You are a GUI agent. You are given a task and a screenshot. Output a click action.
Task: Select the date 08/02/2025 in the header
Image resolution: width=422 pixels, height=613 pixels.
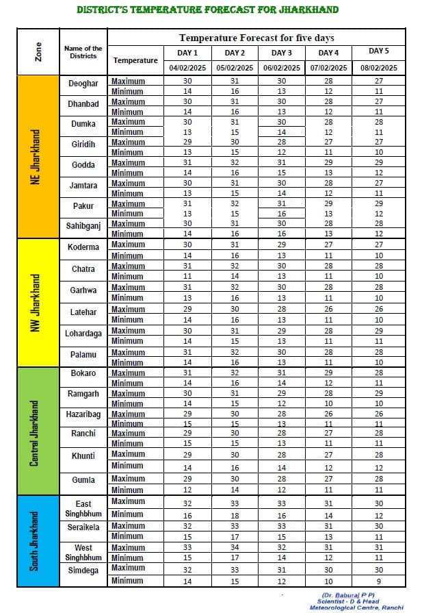(x=379, y=68)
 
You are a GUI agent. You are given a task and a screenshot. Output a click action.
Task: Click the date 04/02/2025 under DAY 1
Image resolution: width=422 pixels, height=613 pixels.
(x=187, y=68)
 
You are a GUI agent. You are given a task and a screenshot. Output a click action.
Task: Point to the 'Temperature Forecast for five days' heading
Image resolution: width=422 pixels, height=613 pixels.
(x=256, y=38)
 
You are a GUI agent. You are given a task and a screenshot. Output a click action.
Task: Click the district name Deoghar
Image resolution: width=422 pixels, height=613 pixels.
(x=83, y=84)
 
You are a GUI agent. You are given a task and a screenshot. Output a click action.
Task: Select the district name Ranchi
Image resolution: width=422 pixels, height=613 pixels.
(x=83, y=434)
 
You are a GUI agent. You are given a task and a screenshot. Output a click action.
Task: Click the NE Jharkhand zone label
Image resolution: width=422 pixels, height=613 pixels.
(x=36, y=157)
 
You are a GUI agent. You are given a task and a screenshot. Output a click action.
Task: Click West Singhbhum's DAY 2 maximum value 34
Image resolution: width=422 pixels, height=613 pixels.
(x=235, y=547)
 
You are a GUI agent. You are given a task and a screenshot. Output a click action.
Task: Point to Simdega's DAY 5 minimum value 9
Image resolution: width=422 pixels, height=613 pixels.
(x=379, y=581)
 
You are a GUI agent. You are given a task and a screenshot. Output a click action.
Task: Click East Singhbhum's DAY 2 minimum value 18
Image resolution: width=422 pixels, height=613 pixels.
(x=235, y=515)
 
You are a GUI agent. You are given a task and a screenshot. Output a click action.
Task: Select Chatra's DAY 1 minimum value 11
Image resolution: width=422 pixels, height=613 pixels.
(x=187, y=276)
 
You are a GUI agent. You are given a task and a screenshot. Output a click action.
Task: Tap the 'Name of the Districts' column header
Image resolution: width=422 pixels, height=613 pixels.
(x=83, y=52)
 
